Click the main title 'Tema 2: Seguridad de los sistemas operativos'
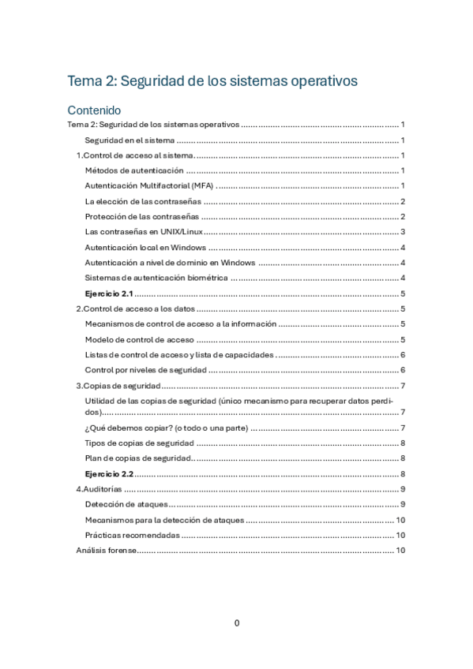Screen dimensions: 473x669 point(212,81)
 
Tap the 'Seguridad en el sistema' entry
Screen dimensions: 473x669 point(130,140)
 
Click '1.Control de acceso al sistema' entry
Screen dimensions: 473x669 point(134,155)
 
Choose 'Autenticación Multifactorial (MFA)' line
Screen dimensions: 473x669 point(148,186)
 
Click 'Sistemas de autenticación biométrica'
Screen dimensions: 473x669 point(156,278)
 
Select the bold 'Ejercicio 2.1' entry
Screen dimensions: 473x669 point(108,293)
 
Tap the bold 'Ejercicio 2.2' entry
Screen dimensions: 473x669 point(108,474)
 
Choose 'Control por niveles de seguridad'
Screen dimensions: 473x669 point(145,370)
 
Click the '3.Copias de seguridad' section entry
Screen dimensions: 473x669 point(118,386)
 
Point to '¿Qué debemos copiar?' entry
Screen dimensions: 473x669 point(166,428)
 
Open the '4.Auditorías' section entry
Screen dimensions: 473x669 point(99,490)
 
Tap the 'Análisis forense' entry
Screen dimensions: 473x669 point(106,551)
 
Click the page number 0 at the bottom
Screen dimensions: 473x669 point(236,623)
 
